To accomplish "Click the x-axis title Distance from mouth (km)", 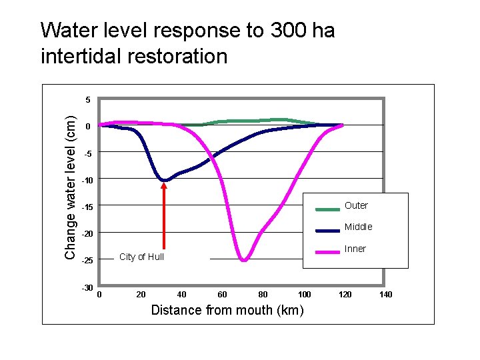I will click(x=227, y=310).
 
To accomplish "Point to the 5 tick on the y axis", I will click(x=88, y=100).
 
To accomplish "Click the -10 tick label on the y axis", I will click(x=86, y=180).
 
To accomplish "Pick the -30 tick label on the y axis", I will click(x=86, y=287).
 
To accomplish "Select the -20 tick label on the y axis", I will click(x=86, y=234).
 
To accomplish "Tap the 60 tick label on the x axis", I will click(x=222, y=294).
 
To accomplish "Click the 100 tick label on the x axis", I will click(x=304, y=294).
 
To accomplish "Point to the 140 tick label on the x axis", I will click(x=386, y=294).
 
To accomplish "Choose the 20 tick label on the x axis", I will click(x=141, y=294).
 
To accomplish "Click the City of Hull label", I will click(x=141, y=257).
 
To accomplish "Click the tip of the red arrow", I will click(x=164, y=184).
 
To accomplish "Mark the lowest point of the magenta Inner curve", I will click(x=244, y=260).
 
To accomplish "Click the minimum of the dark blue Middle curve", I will click(x=164, y=180).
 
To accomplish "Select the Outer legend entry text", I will click(x=356, y=205).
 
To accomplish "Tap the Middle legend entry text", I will click(x=358, y=227).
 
